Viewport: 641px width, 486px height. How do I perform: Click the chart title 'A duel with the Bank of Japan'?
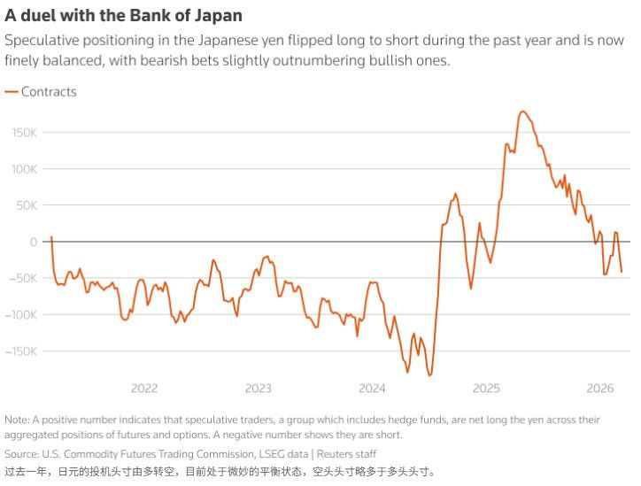(124, 16)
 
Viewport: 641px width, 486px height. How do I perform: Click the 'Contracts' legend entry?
(49, 92)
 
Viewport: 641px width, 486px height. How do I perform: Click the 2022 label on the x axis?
(143, 388)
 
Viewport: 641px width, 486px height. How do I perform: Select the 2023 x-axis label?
(258, 388)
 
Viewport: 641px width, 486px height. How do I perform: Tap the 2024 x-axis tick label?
(372, 388)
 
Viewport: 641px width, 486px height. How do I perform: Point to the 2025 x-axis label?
(486, 388)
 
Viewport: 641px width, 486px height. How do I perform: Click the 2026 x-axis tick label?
(600, 388)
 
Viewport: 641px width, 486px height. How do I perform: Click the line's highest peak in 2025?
(522, 112)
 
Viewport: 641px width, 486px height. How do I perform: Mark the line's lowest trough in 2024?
(429, 375)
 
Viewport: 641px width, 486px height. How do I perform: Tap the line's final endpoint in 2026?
(621, 272)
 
